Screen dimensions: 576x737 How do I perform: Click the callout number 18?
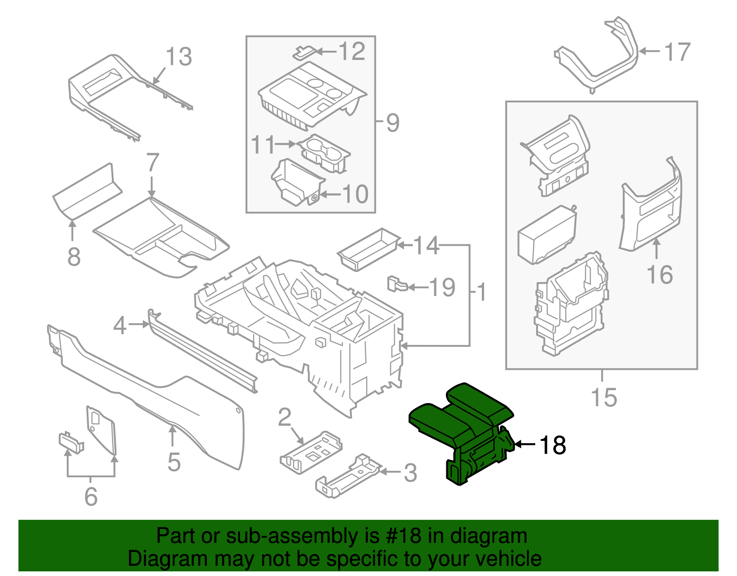coord(553,445)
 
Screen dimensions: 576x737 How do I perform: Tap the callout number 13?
coord(179,57)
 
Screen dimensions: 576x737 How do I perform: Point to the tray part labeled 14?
coord(368,249)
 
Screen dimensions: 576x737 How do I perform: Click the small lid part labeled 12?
coord(304,52)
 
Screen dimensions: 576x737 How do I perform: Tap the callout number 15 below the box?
coord(603,398)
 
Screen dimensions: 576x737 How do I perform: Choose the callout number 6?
coord(91,496)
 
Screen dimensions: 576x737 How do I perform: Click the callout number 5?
coord(174,462)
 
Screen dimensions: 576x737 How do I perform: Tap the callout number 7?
coord(152,162)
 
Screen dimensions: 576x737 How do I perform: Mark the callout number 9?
coord(392,123)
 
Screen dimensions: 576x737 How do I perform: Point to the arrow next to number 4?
coord(138,325)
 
